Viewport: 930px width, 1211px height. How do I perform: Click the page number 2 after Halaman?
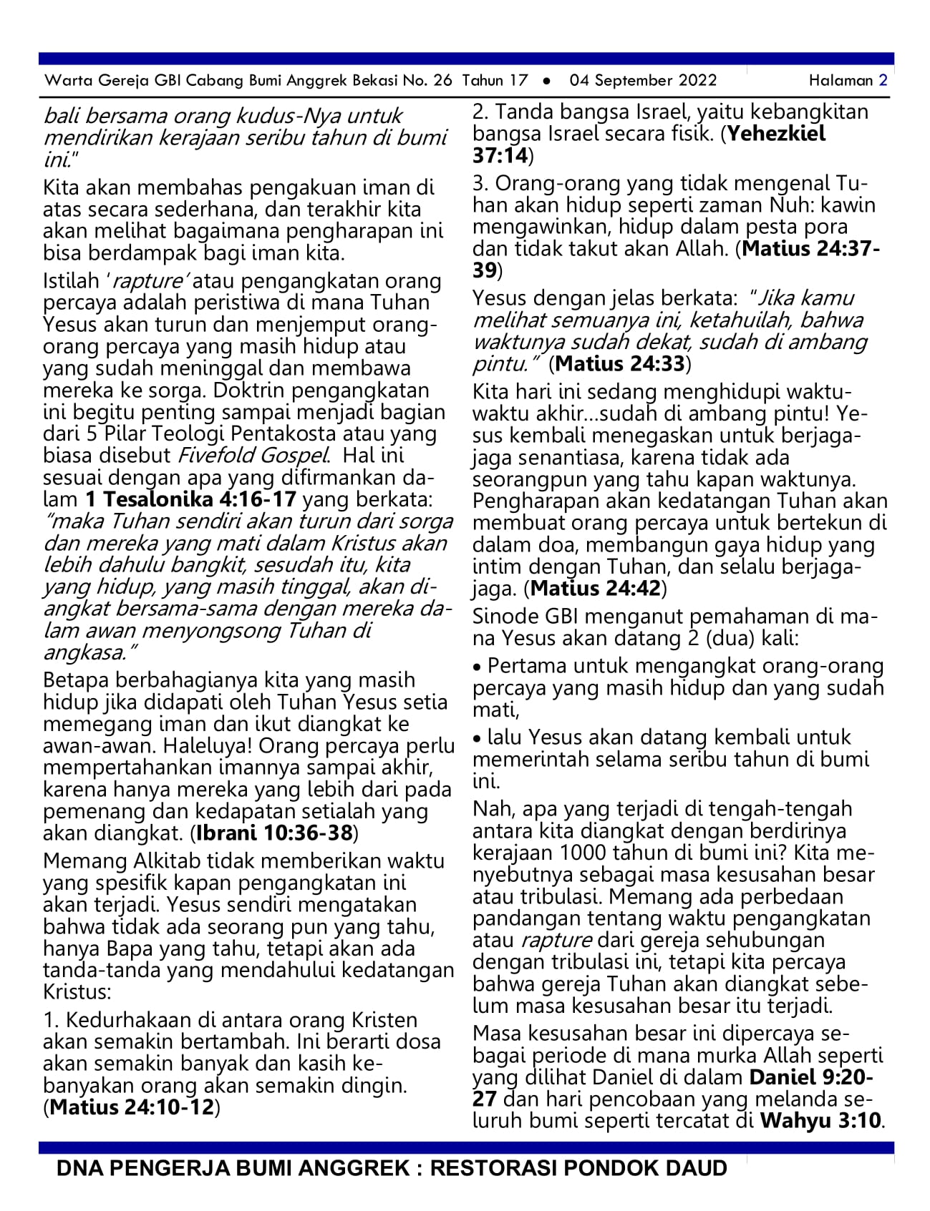pos(883,80)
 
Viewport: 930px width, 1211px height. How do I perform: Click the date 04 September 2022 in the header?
pos(643,80)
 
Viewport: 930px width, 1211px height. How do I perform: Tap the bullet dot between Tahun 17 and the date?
pos(547,81)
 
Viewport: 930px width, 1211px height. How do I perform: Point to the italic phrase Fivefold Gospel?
pos(253,456)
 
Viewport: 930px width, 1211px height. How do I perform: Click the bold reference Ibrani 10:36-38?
pos(274,833)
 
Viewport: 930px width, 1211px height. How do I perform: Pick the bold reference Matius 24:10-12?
pos(132,1108)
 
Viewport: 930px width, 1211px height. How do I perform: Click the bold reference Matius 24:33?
pos(620,364)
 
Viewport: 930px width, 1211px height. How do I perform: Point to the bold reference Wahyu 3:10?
pos(820,1120)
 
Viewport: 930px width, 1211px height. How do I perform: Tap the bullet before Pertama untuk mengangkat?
pos(478,667)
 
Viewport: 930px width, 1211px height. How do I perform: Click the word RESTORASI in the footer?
pos(493,1169)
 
